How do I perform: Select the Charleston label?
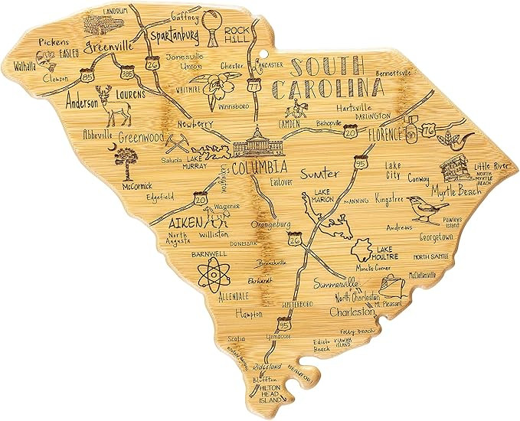click(350, 312)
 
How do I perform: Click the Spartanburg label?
click(175, 36)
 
